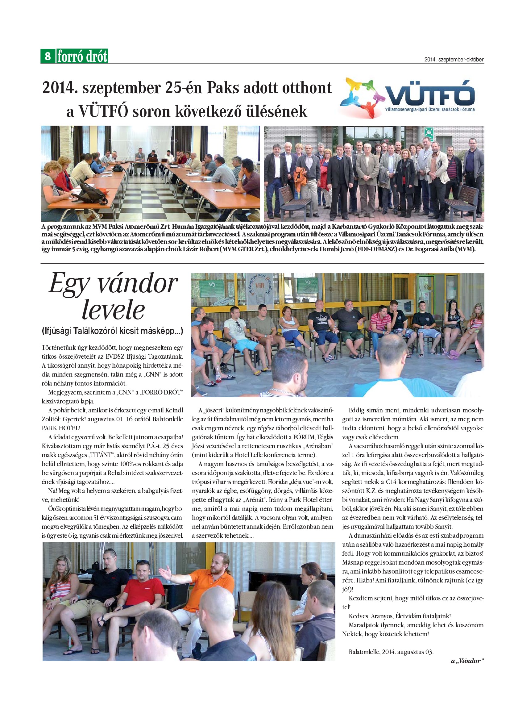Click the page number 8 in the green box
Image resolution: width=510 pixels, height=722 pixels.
(48, 56)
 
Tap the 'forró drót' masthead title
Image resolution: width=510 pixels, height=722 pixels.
(82, 56)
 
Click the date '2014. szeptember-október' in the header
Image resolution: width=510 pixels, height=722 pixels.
(454, 60)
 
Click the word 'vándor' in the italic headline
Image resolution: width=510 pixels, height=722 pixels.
(137, 284)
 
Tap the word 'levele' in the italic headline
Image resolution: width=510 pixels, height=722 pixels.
(113, 310)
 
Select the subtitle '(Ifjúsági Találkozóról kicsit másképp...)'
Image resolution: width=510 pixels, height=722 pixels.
(112, 331)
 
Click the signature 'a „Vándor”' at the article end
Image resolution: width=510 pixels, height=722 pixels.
(467, 661)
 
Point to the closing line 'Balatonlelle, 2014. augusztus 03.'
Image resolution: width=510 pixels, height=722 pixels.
(391, 652)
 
